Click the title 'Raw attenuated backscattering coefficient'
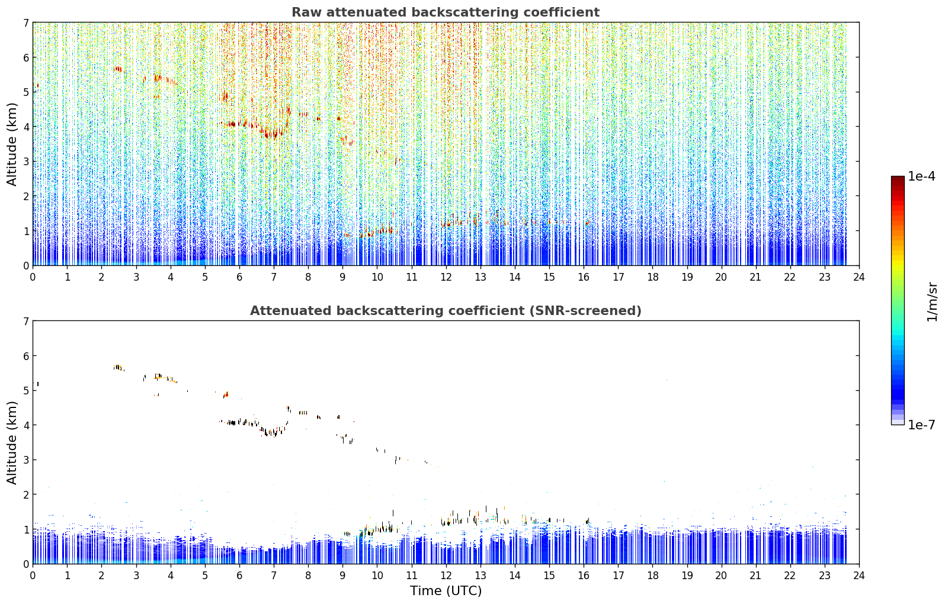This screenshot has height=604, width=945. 446,12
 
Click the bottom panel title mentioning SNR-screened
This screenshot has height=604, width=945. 446,310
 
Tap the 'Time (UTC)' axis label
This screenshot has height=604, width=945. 446,591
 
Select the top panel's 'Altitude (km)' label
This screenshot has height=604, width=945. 12,144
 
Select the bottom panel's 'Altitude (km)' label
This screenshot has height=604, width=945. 12,442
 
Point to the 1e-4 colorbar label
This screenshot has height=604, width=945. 921,176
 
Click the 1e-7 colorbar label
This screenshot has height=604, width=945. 921,425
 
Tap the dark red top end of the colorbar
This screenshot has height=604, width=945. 898,178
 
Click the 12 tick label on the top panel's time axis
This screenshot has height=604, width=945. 446,277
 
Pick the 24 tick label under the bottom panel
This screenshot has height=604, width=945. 859,576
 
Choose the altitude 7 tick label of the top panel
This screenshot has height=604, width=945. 26,23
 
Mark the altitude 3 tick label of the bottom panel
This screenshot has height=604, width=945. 26,460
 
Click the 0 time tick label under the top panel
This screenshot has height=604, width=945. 33,277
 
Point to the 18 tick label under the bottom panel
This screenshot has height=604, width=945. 653,576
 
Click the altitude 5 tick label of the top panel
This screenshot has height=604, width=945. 26,92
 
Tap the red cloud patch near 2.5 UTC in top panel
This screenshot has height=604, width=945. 118,69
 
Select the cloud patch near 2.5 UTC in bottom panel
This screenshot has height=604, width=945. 118,367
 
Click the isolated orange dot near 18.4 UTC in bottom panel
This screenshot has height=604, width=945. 667,380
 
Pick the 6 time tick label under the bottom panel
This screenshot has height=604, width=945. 239,576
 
